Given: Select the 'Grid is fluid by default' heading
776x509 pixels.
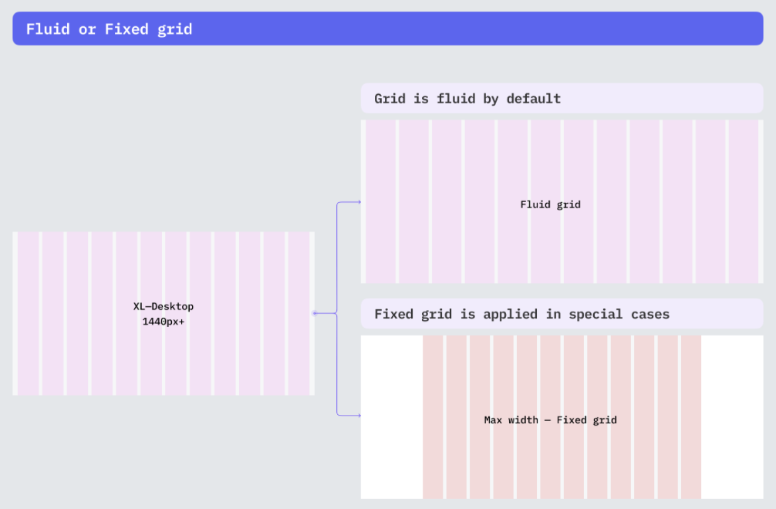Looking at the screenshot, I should [467, 99].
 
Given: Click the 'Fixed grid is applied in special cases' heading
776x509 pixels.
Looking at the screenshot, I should [521, 314].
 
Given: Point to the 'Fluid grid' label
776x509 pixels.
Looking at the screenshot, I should [550, 204].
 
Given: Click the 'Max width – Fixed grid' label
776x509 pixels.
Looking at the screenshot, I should [550, 420].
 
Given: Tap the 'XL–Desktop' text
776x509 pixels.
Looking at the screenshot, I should [164, 306].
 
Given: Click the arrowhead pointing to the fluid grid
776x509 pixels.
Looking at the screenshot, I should [359, 202].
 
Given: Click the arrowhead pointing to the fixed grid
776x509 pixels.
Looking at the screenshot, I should [359, 416].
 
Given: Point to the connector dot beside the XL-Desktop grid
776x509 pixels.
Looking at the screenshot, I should [314, 313].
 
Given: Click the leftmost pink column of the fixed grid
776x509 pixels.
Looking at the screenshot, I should [433, 416].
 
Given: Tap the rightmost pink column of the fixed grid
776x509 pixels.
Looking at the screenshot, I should [690, 416].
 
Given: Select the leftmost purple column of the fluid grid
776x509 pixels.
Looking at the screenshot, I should [380, 201].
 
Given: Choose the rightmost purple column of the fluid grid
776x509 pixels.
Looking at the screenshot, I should [744, 201].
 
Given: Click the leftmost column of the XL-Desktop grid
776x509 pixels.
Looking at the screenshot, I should [28, 313].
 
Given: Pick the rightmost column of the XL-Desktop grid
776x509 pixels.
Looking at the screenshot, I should [299, 313].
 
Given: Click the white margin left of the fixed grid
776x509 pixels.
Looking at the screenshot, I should [391, 416].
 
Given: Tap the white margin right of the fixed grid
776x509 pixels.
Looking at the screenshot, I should [732, 416].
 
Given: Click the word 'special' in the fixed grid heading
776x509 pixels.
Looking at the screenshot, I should [596, 314].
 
